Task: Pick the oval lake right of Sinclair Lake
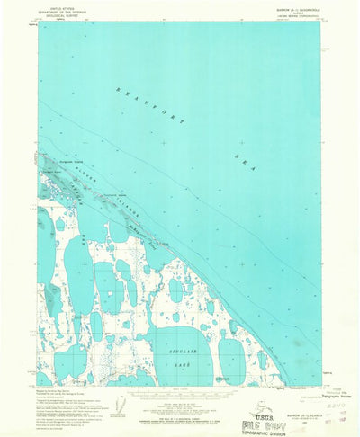click(230, 360)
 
